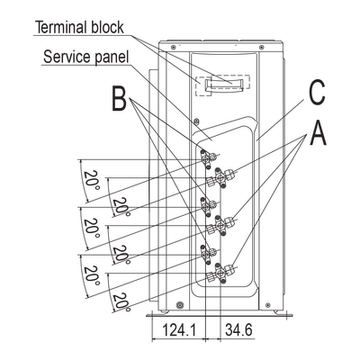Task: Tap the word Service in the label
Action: click(x=67, y=57)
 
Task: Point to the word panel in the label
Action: click(x=112, y=58)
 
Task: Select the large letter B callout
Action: click(x=119, y=98)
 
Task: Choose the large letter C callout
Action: click(x=317, y=93)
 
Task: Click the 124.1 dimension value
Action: click(x=179, y=330)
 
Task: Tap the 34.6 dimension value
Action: click(x=238, y=330)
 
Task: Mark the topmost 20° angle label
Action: click(x=91, y=180)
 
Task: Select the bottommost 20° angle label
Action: click(x=121, y=301)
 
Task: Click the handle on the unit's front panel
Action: click(x=224, y=85)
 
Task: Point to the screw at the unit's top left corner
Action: click(x=173, y=47)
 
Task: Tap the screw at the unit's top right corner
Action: click(x=262, y=47)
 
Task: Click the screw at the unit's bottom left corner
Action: click(x=180, y=305)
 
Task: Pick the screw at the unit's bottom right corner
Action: click(x=268, y=305)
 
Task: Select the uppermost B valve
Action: click(x=208, y=157)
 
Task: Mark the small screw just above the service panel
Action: click(x=196, y=121)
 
